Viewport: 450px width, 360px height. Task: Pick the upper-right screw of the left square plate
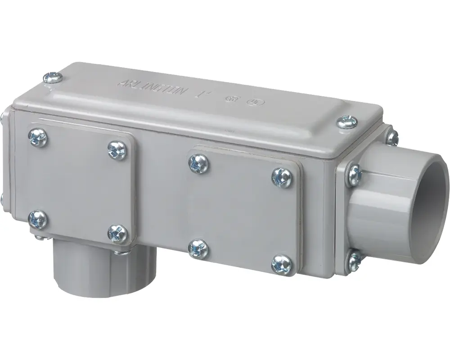(x=117, y=150)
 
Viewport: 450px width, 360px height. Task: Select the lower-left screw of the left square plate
(x=37, y=219)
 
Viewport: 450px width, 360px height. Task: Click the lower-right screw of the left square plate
(x=117, y=233)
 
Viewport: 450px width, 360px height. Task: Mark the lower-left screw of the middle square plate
(x=197, y=248)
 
